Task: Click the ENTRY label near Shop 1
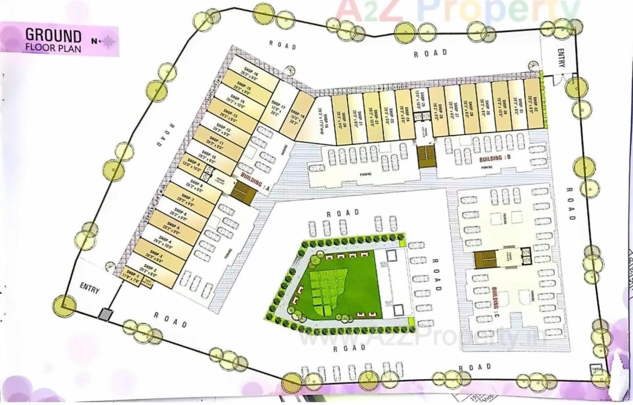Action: pyautogui.click(x=90, y=290)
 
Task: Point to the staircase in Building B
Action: pyautogui.click(x=426, y=156)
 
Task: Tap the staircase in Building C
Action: pyautogui.click(x=485, y=259)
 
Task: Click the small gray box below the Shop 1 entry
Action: pyautogui.click(x=105, y=315)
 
